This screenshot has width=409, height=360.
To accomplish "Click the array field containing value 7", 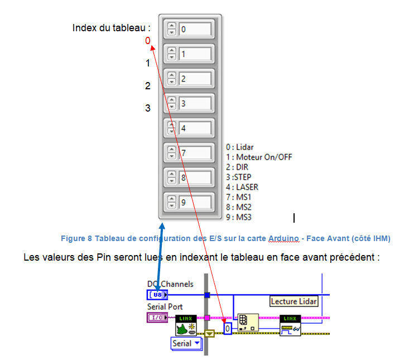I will click(195, 152).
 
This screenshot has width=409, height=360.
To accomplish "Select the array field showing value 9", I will click(195, 202).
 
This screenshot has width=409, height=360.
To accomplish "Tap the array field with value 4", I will click(195, 128).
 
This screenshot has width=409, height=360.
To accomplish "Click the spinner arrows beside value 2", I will click(172, 79).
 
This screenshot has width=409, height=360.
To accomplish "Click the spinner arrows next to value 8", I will click(172, 177).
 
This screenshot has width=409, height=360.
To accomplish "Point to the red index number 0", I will click(148, 41).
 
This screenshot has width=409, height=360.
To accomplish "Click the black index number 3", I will click(148, 108).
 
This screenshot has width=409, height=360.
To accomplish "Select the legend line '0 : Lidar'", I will click(240, 147).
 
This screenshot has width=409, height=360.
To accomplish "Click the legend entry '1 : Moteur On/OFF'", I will click(259, 157).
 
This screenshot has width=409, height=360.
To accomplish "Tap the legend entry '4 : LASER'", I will click(242, 187).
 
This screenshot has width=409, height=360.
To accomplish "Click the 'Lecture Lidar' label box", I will click(294, 301).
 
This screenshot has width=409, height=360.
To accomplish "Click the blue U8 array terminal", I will click(157, 295).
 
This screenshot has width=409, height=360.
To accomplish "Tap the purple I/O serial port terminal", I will click(157, 318).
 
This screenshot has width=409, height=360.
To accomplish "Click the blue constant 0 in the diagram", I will click(228, 329).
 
